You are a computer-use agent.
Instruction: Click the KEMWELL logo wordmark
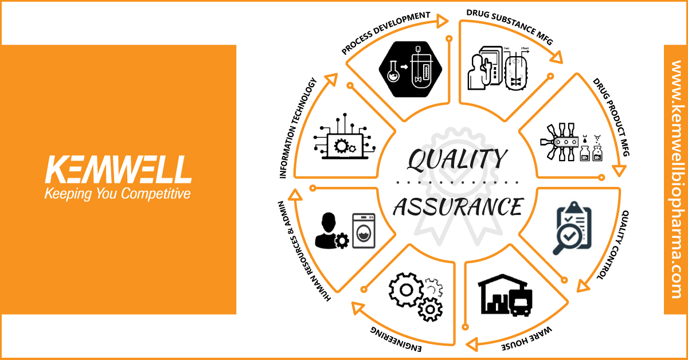[x=118, y=170]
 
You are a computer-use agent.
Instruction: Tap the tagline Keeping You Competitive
[x=118, y=194]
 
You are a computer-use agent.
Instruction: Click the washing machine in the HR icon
[x=363, y=231]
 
